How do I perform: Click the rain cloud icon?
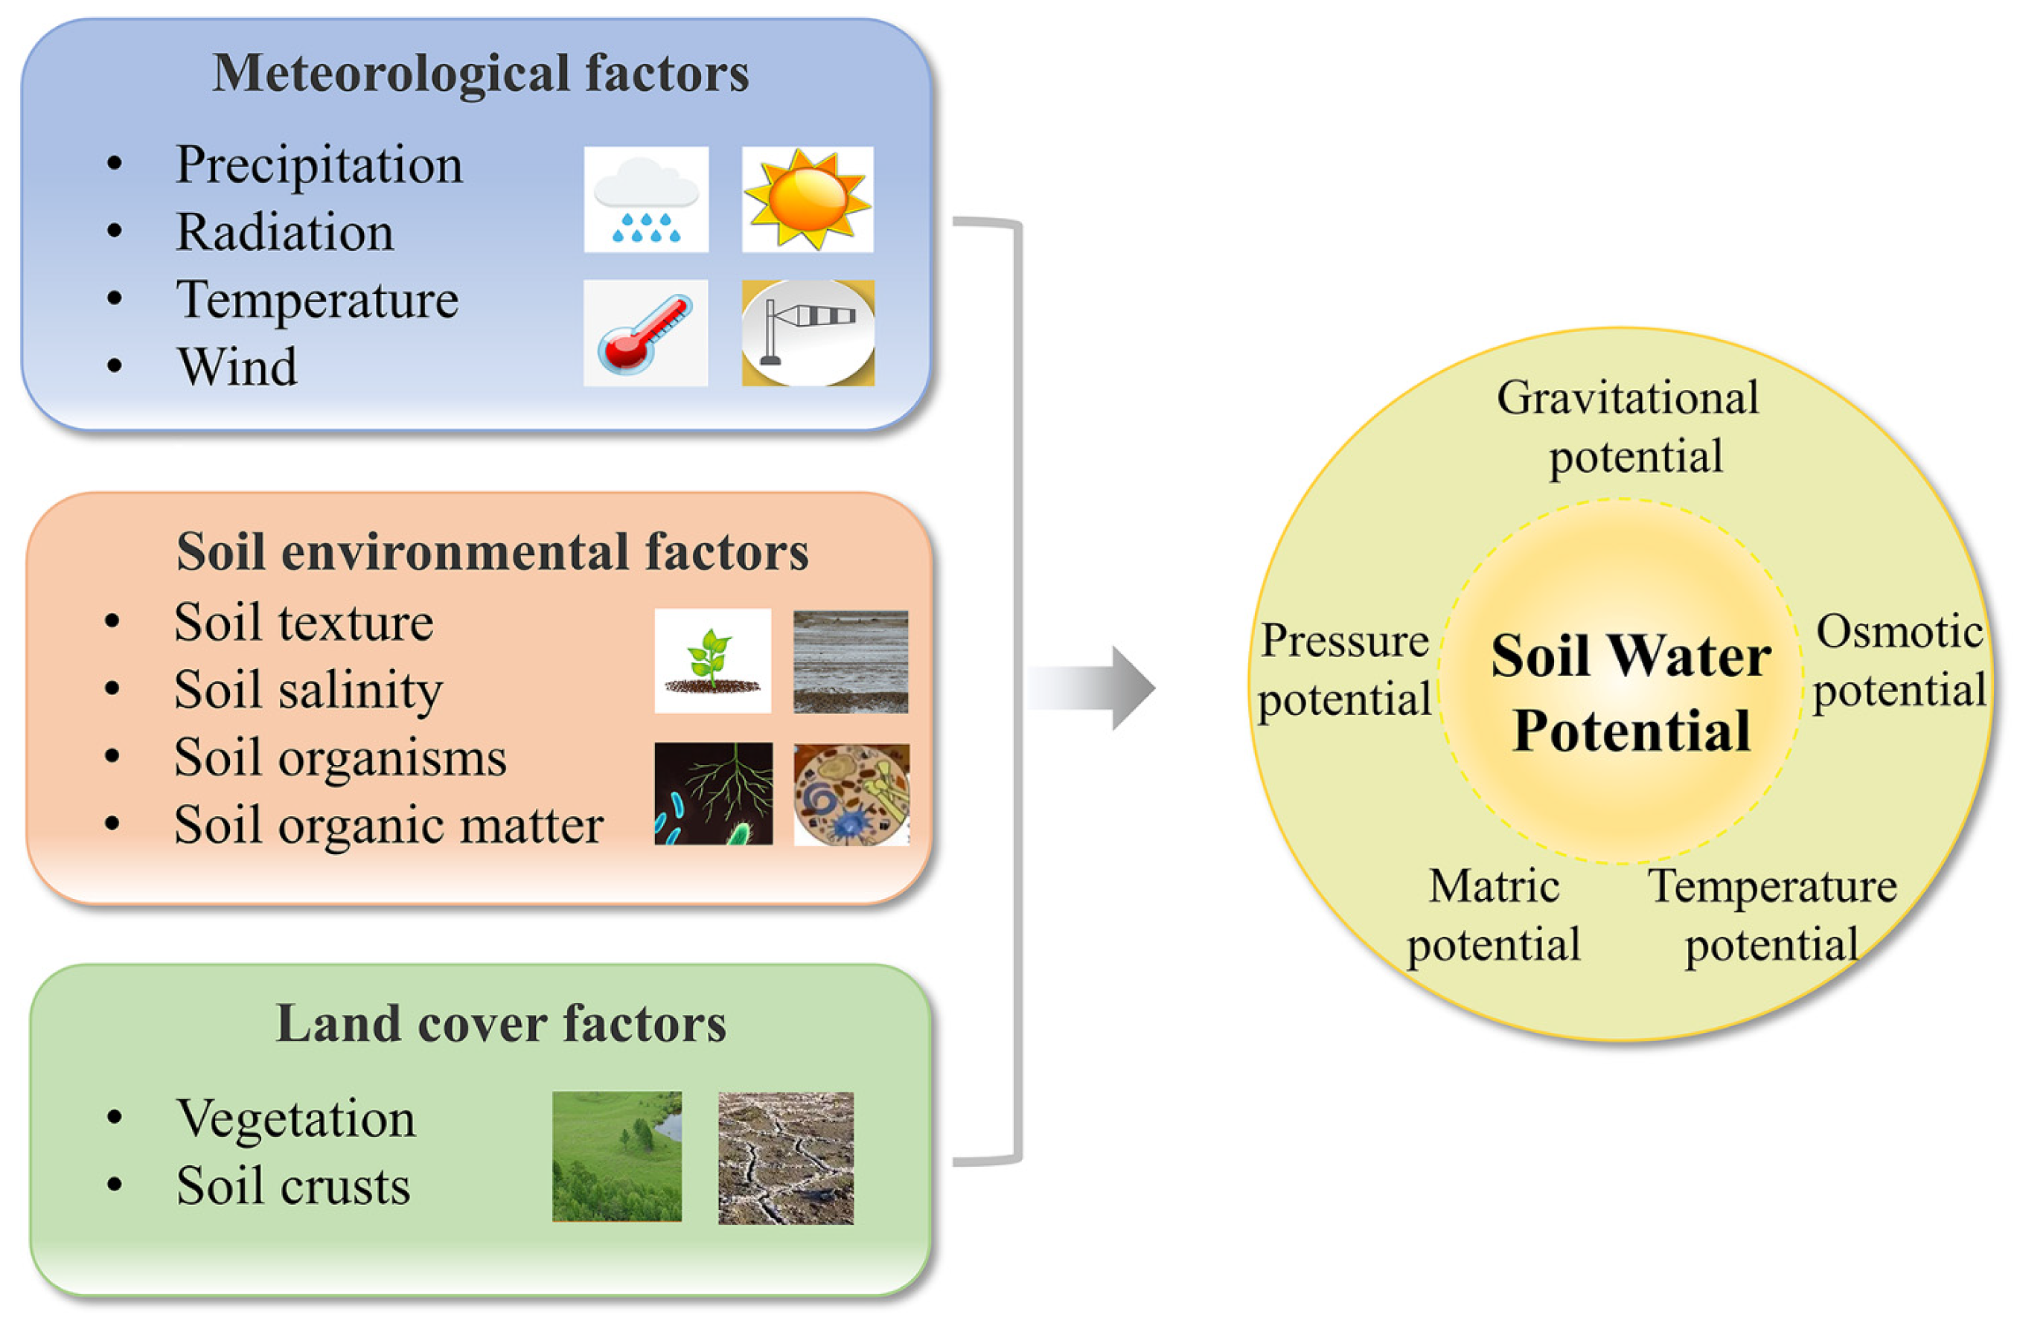click(x=646, y=200)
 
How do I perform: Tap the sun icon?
click(x=807, y=200)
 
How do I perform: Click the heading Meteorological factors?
click(x=481, y=73)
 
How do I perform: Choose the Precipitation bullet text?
click(x=319, y=164)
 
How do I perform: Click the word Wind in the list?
click(x=237, y=367)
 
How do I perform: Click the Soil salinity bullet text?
click(x=307, y=690)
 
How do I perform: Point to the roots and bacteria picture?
click(x=713, y=794)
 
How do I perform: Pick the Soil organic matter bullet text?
click(x=389, y=824)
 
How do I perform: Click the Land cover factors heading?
click(x=501, y=1023)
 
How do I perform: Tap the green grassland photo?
click(x=616, y=1156)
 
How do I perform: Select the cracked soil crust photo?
click(x=786, y=1159)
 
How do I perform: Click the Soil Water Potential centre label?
click(x=1631, y=692)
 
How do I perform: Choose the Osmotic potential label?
click(x=1899, y=661)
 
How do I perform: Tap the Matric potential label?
click(x=1493, y=915)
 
